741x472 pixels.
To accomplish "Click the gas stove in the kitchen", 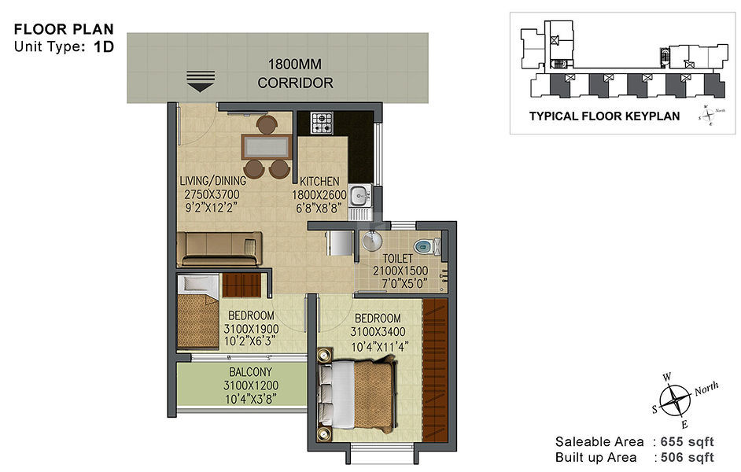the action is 322,123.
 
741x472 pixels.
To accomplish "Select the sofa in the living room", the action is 219,249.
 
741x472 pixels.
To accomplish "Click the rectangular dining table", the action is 267,147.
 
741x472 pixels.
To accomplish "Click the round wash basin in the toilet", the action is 372,241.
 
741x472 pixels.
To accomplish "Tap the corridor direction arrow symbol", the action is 201,81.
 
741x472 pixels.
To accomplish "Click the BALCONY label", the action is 250,372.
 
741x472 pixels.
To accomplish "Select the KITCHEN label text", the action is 319,182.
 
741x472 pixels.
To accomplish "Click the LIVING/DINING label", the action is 213,181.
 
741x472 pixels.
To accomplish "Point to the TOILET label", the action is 397,259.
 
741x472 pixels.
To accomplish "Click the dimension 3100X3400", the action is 378,332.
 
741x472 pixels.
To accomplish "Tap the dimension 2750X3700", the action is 212,194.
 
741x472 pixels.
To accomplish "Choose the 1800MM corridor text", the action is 295,64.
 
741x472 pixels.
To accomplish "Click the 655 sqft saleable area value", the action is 688,442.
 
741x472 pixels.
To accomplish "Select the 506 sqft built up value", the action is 688,457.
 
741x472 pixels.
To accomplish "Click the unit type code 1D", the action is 104,46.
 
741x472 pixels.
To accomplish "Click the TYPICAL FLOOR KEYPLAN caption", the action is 604,116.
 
